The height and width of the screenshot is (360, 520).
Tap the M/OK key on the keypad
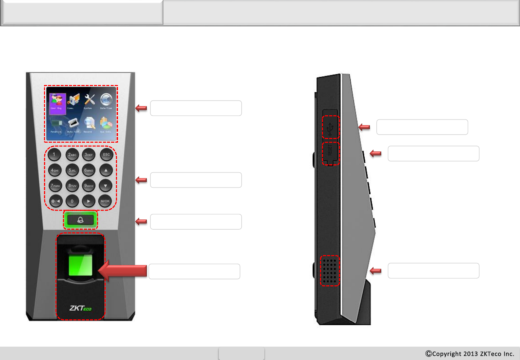click(105, 201)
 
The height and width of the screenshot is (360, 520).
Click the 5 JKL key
click(72, 170)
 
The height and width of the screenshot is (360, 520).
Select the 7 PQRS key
click(55, 186)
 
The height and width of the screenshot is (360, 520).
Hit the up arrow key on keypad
click(106, 170)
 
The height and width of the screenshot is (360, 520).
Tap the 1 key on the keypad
click(54, 155)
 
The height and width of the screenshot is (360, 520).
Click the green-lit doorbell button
click(80, 220)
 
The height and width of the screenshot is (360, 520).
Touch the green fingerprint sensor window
click(80, 265)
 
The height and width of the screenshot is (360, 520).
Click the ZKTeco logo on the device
click(80, 308)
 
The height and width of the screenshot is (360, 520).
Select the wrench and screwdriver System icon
click(89, 100)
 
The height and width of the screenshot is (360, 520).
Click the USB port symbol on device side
click(330, 127)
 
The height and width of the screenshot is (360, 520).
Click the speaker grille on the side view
click(330, 271)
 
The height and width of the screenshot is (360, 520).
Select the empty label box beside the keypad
click(196, 180)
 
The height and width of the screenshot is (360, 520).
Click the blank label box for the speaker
click(433, 271)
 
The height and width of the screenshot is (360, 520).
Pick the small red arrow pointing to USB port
click(364, 127)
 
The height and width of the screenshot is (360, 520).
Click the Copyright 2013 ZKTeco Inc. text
click(470, 354)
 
